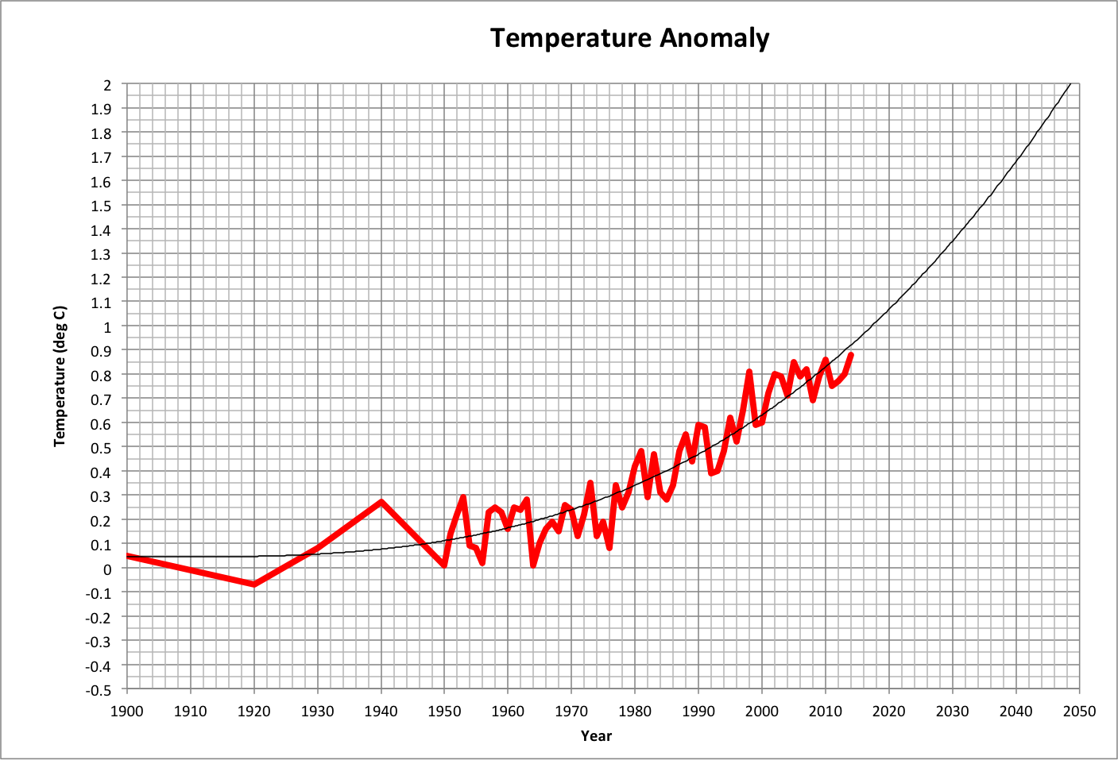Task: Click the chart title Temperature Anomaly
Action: (629, 38)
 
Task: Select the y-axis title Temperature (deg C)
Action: (60, 376)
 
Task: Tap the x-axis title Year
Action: (596, 736)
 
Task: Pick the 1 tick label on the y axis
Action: (107, 326)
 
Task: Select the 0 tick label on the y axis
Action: (107, 569)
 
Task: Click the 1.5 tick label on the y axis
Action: (102, 206)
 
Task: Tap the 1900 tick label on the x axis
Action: (127, 711)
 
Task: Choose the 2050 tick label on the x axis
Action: (1079, 711)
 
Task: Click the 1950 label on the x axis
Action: (444, 711)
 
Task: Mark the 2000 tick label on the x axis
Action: (761, 711)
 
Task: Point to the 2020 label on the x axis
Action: (888, 711)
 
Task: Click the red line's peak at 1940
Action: (381, 502)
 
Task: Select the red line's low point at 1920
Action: (254, 584)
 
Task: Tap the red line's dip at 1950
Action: (444, 565)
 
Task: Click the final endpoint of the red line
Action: (851, 355)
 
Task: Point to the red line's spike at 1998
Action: (749, 372)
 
